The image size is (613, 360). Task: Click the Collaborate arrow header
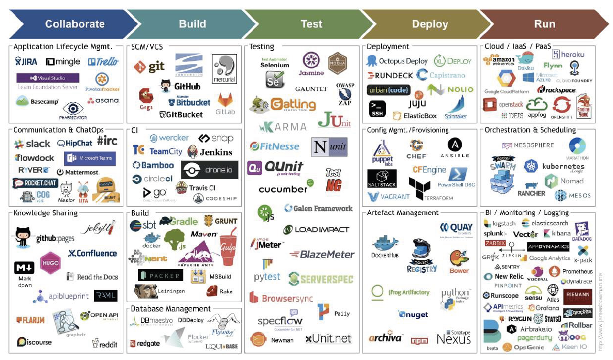(74, 24)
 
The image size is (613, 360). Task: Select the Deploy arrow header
(430, 24)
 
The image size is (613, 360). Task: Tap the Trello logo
(103, 62)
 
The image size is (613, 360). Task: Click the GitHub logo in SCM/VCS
(180, 86)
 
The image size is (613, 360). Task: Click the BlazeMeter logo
(322, 254)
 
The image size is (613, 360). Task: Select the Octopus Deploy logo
(397, 61)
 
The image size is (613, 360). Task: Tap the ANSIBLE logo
(455, 148)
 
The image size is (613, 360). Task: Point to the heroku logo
(568, 54)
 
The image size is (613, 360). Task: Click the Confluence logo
(93, 253)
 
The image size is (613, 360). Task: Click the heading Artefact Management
(402, 212)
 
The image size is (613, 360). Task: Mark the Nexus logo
(454, 337)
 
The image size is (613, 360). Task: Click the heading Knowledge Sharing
(45, 212)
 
